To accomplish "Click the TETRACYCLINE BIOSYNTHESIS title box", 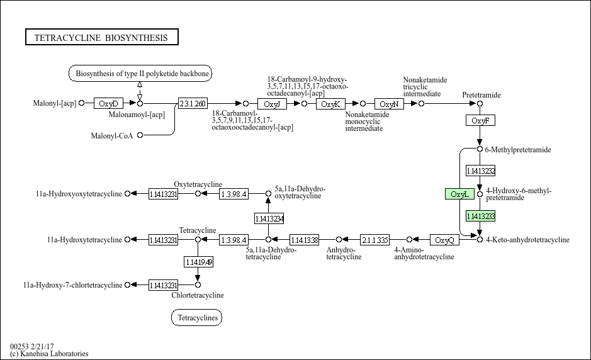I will [x=101, y=38].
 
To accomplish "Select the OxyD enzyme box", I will [x=108, y=103].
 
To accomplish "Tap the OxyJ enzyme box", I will [x=272, y=103].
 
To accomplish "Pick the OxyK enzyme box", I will [x=330, y=103].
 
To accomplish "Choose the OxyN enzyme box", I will [x=389, y=103].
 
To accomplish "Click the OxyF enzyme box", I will [x=480, y=120].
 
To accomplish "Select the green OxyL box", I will [x=459, y=194].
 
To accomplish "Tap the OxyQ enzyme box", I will [x=444, y=240].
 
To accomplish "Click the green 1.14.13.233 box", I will [x=480, y=216].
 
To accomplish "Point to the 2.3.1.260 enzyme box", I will [x=192, y=103].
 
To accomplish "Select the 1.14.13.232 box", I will [x=480, y=171].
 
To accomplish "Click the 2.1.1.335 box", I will [x=374, y=240].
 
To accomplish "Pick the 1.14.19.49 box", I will [x=198, y=261].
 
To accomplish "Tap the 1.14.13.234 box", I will [x=269, y=218].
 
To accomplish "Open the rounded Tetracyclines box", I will [x=196, y=318].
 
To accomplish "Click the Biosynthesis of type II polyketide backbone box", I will [x=140, y=74].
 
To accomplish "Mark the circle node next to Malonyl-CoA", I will [x=140, y=135].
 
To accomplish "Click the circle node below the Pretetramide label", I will [x=480, y=103].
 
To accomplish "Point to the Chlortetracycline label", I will [x=197, y=295].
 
